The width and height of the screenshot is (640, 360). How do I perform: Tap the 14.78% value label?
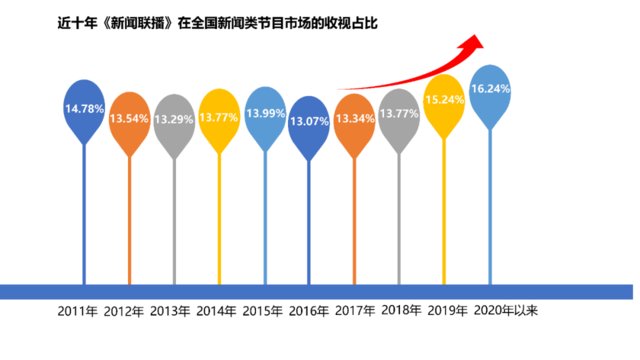tap(84, 107)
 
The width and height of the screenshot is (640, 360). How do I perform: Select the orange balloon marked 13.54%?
tap(129, 119)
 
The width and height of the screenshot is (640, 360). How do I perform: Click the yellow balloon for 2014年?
tap(219, 116)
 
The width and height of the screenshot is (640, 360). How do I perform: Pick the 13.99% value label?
tap(264, 115)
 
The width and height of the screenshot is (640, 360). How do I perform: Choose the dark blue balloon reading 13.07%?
tap(309, 122)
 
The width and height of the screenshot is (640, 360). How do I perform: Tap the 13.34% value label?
tap(355, 120)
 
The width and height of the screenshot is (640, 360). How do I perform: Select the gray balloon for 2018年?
tap(400, 115)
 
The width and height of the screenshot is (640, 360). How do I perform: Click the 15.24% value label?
tap(445, 101)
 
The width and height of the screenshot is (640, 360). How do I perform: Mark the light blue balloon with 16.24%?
tap(490, 89)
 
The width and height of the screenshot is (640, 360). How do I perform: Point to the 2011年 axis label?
tap(80, 311)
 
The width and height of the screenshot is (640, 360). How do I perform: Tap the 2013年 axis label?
tap(170, 311)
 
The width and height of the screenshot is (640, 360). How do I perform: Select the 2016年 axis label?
tap(308, 311)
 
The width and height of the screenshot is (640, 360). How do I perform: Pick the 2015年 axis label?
tap(262, 311)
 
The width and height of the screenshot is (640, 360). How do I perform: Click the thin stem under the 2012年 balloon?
tap(129, 220)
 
